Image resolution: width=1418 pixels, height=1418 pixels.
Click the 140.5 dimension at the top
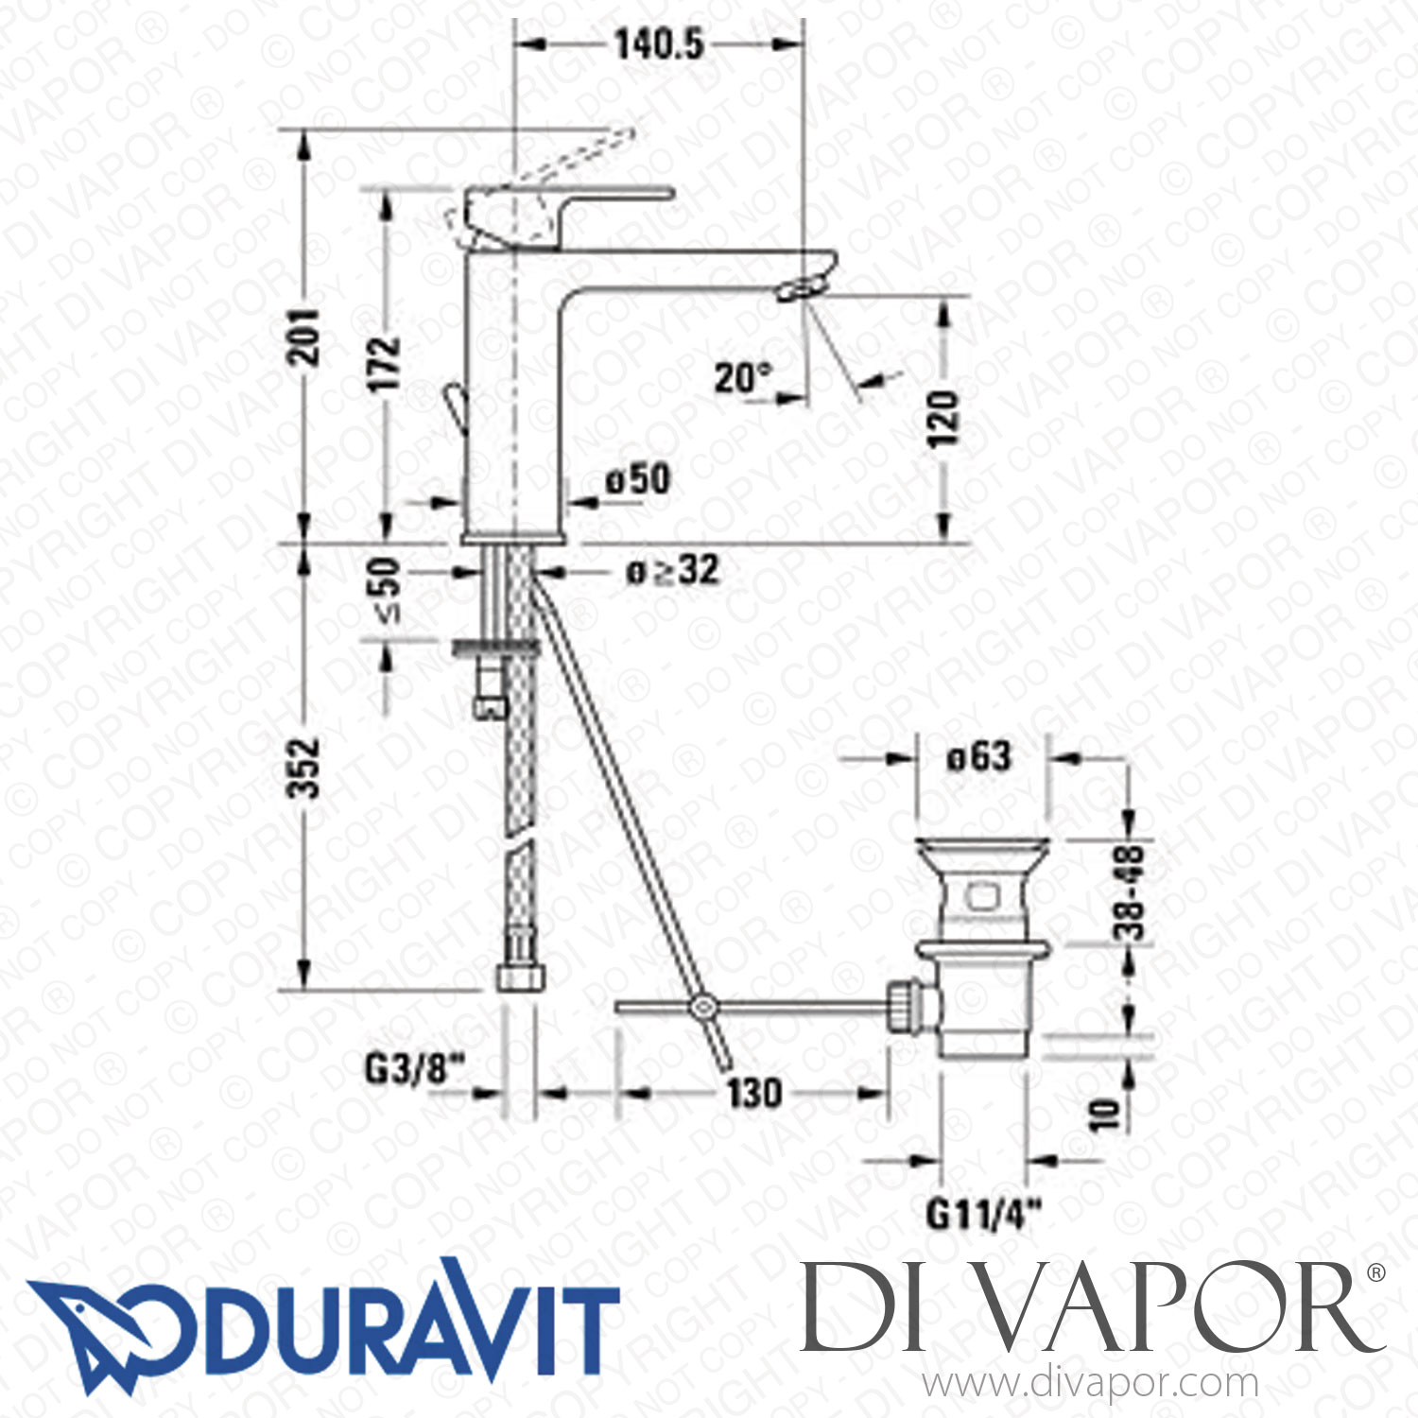(x=659, y=43)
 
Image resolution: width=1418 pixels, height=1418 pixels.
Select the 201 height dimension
(x=304, y=336)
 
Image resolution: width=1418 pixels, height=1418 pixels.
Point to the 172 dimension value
(x=386, y=362)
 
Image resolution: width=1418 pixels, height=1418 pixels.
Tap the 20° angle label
(x=743, y=378)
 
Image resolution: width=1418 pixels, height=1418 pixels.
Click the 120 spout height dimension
(x=942, y=418)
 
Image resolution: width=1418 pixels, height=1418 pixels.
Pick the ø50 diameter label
(x=638, y=479)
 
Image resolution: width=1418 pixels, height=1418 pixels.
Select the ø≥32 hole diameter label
(x=672, y=570)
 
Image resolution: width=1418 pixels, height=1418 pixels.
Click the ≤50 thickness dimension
(x=386, y=590)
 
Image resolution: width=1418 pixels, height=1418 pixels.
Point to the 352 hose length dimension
(x=304, y=768)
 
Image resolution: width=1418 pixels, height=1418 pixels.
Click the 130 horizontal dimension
(x=754, y=1093)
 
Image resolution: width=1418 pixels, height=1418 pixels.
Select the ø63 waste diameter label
(x=978, y=756)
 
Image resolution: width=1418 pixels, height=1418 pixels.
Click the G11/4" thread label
(x=984, y=1213)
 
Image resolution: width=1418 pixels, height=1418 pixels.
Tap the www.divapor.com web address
(x=1090, y=1385)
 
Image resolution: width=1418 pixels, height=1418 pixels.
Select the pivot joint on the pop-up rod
(x=701, y=1008)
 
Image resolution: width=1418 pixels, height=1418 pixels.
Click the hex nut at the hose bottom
(x=521, y=975)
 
